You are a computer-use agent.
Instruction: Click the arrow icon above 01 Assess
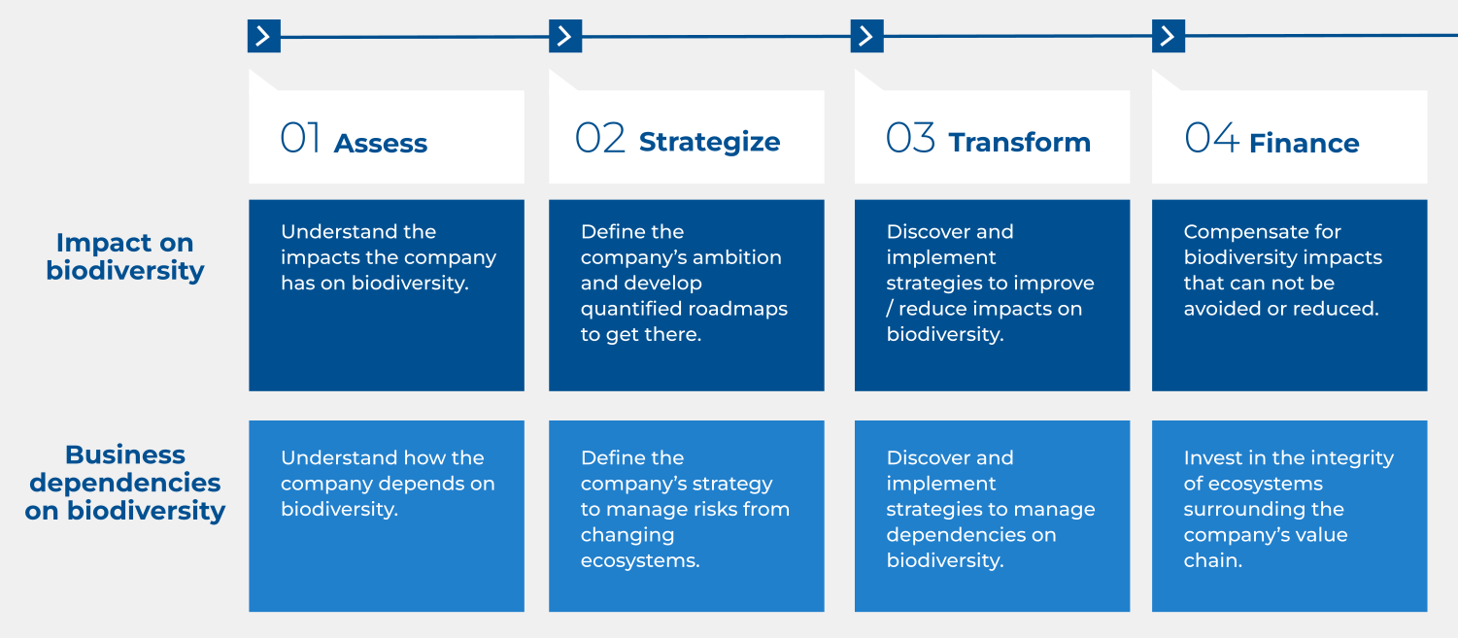coord(263,36)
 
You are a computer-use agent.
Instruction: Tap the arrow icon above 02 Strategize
coord(565,36)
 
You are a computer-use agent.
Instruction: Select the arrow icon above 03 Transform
coord(866,36)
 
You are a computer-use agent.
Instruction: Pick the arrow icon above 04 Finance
coord(1169,36)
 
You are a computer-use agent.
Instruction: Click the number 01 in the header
coord(300,138)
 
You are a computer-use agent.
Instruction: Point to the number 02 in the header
coord(599,138)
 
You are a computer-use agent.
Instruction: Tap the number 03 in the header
coord(910,138)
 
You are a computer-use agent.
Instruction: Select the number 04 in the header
coord(1211,138)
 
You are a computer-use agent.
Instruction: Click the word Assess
coord(381,143)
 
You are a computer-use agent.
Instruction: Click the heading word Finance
coord(1305,143)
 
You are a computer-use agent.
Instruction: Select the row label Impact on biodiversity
coord(125,256)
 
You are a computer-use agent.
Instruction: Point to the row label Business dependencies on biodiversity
coord(125,483)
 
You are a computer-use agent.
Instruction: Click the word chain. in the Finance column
coord(1212,560)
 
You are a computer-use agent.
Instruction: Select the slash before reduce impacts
coord(890,309)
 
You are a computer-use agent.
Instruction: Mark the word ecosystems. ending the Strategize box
coord(640,561)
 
